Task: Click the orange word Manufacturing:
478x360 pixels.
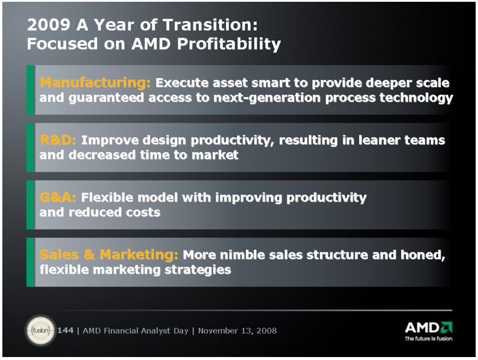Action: pos(95,83)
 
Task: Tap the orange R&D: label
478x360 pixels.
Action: pos(58,140)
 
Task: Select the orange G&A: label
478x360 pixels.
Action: pos(57,197)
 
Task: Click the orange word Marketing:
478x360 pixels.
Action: pos(139,255)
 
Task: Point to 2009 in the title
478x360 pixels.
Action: pos(49,25)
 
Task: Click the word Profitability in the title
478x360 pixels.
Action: pos(229,44)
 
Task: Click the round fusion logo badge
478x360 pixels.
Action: pos(40,330)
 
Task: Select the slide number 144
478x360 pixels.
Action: pos(65,330)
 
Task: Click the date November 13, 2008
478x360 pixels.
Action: pos(237,331)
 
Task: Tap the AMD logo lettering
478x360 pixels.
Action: pos(428,327)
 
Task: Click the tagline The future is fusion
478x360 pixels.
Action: pos(428,338)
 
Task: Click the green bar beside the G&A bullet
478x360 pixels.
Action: pos(30,205)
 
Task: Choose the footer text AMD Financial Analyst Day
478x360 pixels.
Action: pos(135,331)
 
